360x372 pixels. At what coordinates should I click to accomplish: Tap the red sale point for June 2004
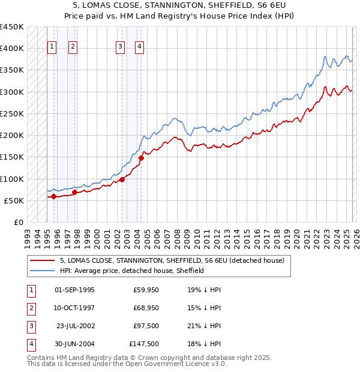tap(141, 158)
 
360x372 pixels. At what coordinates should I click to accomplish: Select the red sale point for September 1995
tap(53, 196)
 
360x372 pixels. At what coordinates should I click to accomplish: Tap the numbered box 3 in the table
tap(31, 326)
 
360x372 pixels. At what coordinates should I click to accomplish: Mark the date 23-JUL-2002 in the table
tap(75, 326)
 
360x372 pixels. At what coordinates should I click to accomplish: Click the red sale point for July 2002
tap(122, 179)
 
